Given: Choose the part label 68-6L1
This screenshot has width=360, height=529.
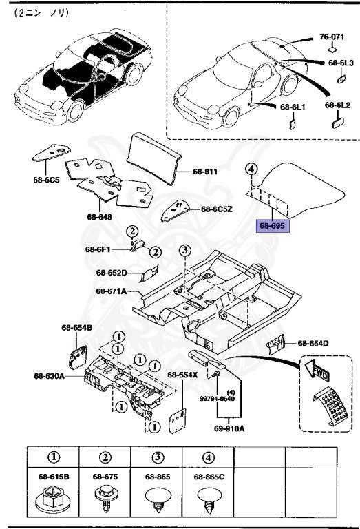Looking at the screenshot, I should tap(293, 107).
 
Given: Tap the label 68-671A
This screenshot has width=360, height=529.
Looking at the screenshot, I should tap(112, 291).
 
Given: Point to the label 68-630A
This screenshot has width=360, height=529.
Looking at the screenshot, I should tap(49, 376).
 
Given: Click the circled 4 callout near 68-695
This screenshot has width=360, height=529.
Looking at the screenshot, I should tap(251, 169).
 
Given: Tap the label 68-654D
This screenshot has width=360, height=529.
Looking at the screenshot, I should tap(313, 342).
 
